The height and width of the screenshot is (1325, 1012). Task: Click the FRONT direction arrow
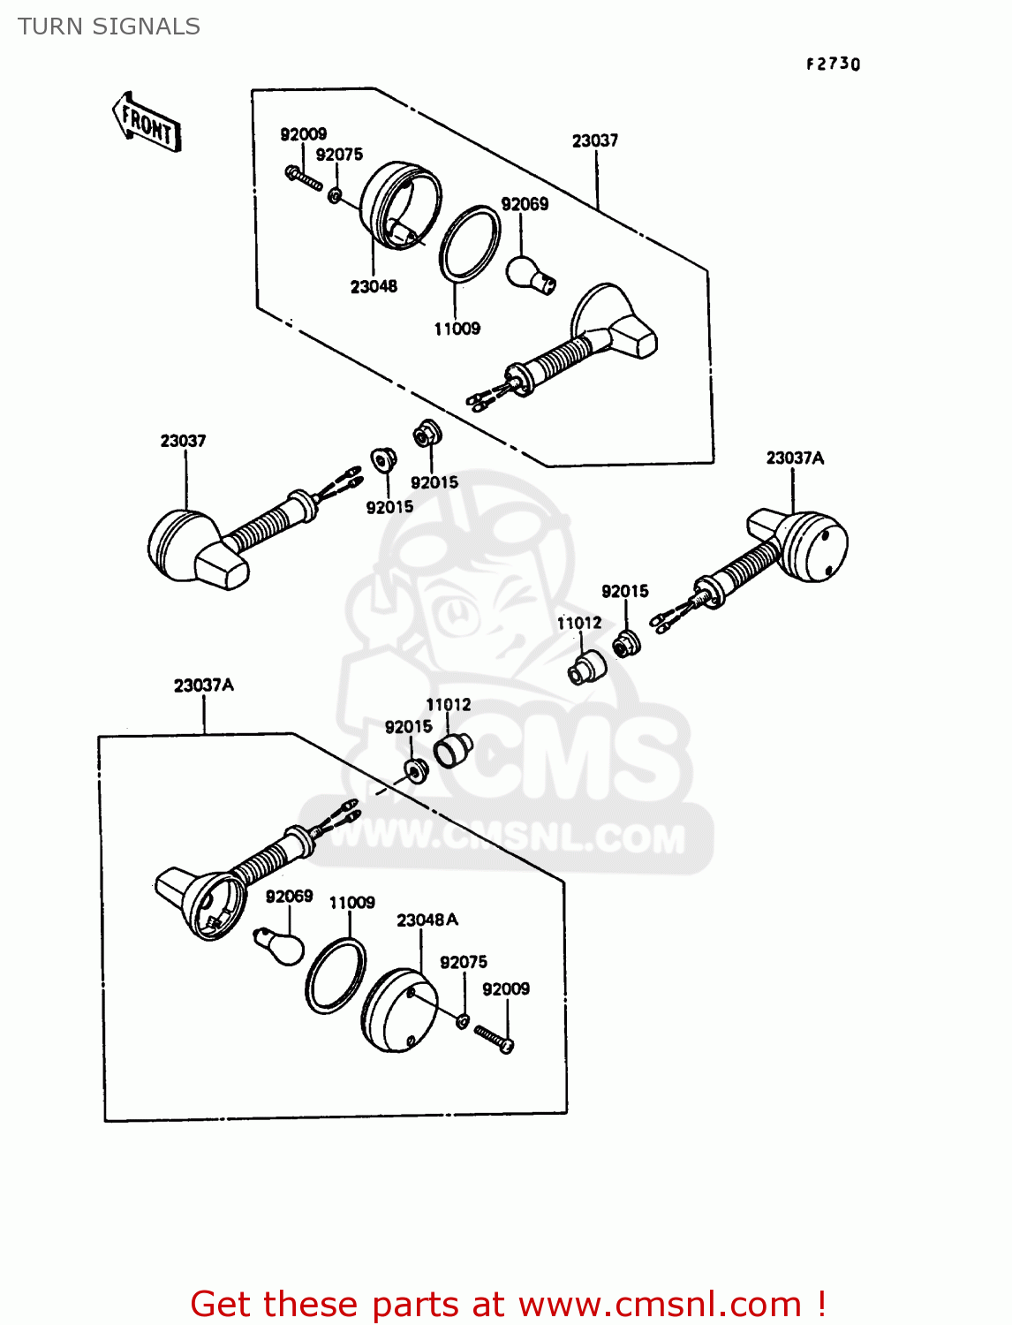(x=147, y=123)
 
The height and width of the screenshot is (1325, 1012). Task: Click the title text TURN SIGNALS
(x=109, y=26)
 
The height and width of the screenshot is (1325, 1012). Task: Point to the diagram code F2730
(x=832, y=64)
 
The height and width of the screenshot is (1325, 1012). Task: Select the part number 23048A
(x=427, y=920)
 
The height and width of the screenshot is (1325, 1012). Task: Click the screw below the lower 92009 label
(x=495, y=1038)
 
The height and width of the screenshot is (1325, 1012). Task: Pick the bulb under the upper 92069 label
(x=530, y=273)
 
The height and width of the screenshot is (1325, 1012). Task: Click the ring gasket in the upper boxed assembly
(x=470, y=245)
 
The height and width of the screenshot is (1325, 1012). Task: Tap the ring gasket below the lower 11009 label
(x=336, y=974)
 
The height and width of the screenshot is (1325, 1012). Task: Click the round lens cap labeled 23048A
(x=399, y=1011)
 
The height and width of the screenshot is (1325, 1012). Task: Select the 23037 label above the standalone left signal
(x=183, y=440)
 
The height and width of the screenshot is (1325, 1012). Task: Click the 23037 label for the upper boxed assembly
(x=595, y=140)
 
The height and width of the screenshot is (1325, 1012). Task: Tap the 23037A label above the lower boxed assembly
(x=204, y=685)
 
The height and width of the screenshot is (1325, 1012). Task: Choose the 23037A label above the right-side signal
(x=795, y=458)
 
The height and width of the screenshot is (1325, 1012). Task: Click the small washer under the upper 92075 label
(x=336, y=194)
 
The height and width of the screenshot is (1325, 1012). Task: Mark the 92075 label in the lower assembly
(x=464, y=962)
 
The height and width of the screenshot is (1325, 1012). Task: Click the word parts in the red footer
(x=411, y=1304)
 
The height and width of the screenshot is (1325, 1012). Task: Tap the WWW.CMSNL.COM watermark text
(x=508, y=837)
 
